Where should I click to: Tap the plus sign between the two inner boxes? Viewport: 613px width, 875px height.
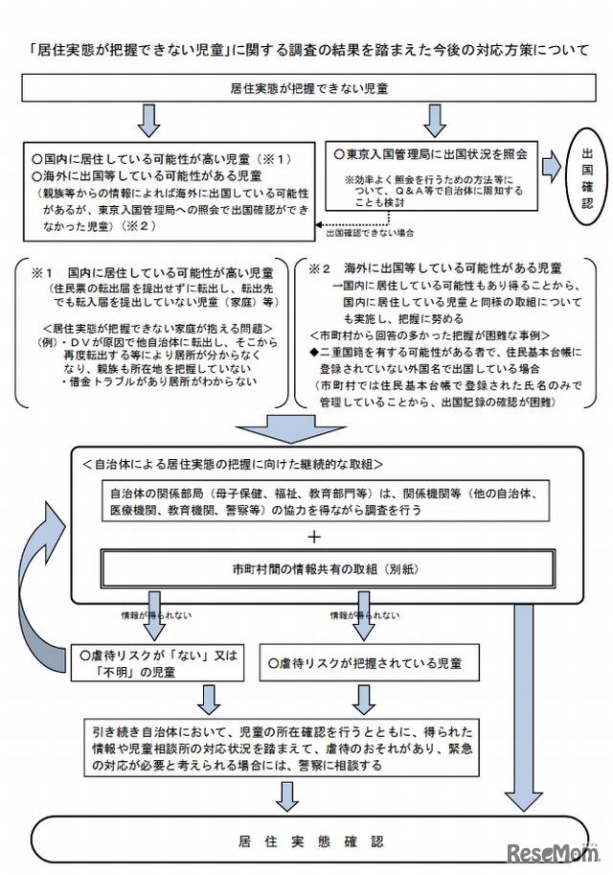313,534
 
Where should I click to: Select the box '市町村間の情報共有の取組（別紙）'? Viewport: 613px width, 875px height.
313,567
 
